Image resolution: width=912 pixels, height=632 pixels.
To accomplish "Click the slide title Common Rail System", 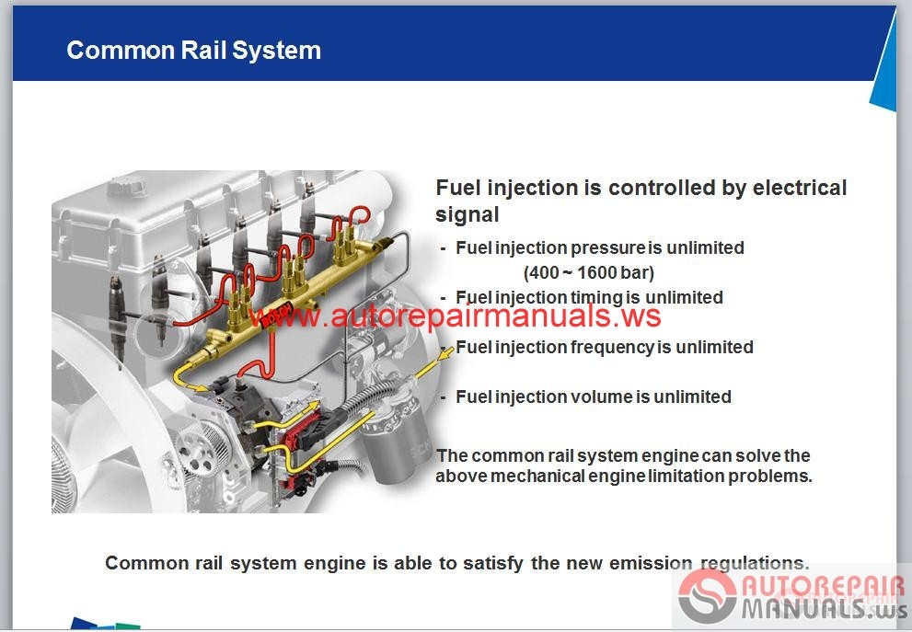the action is click(193, 51).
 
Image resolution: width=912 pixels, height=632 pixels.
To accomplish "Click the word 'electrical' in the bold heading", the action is click(800, 188).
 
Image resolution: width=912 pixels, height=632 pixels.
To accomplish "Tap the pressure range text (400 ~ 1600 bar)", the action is click(589, 272).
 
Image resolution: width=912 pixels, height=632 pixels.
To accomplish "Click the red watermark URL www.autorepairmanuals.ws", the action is click(456, 316).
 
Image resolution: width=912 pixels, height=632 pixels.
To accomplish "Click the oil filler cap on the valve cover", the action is click(127, 186).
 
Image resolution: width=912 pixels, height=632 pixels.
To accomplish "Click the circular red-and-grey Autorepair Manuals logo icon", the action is click(708, 596).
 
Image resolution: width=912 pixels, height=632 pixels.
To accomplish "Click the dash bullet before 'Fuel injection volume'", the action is click(444, 397).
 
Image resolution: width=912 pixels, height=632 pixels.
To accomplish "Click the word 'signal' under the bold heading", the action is click(468, 215).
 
